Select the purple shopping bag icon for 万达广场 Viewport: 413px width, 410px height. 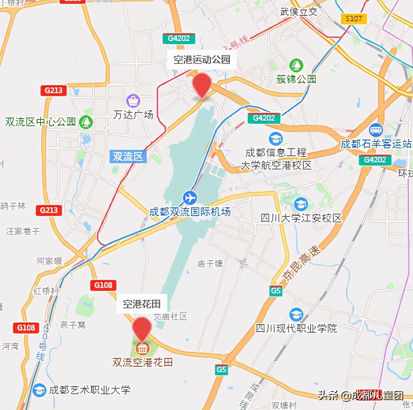point(133,101)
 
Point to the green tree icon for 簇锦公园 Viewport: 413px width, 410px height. point(296,65)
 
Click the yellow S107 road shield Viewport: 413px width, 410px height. point(354,19)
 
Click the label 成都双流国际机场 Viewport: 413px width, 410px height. point(190,211)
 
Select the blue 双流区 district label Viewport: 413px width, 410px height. point(128,156)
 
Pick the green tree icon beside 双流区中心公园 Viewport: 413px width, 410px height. point(85,121)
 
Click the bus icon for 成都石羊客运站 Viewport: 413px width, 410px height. point(376,130)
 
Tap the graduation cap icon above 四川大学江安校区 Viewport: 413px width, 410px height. point(301,204)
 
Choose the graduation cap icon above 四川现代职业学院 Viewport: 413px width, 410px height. point(296,314)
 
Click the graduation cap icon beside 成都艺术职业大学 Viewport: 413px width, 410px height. point(39,390)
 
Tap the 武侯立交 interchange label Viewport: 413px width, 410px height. point(298,11)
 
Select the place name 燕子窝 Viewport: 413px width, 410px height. point(73,325)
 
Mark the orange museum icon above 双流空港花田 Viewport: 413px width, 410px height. point(141,348)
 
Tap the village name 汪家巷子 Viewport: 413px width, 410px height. point(23,231)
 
